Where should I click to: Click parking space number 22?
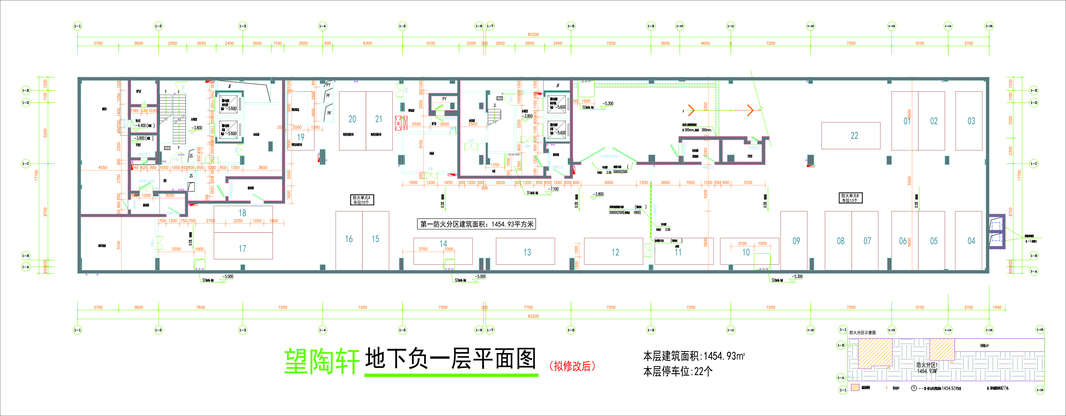[x=854, y=136]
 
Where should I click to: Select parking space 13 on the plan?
[x=527, y=252]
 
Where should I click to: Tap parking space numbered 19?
[x=301, y=137]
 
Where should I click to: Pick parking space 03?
[x=971, y=121]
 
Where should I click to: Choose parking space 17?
[x=243, y=248]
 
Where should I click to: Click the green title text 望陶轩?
[x=322, y=361]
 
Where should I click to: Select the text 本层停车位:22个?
[x=677, y=371]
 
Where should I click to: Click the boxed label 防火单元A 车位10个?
[x=362, y=200]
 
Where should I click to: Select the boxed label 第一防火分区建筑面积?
[x=477, y=224]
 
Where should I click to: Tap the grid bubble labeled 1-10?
[x=680, y=26]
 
